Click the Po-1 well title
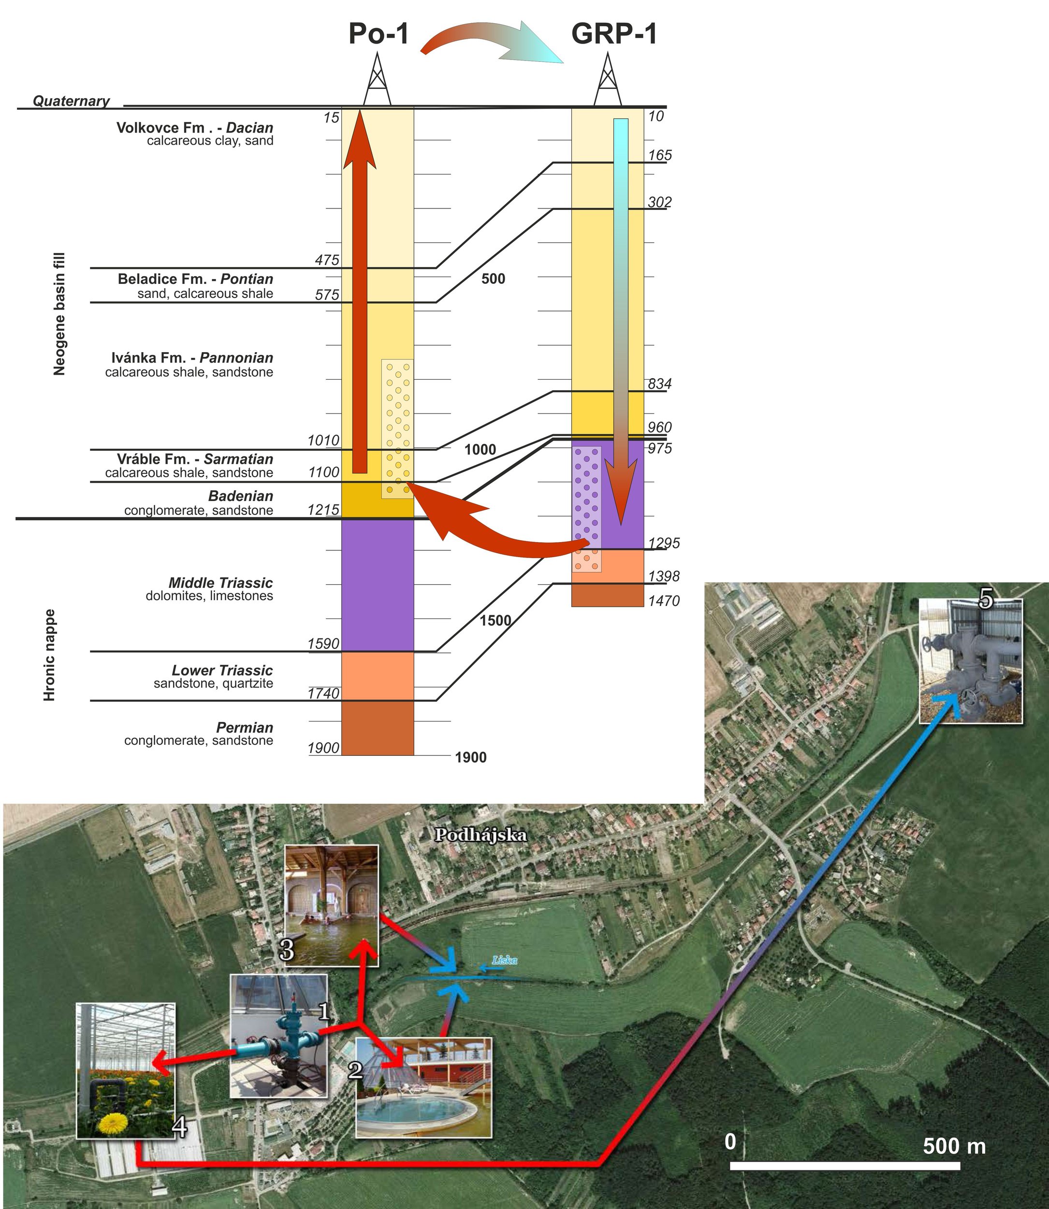378,34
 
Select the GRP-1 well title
614,34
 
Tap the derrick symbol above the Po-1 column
377,80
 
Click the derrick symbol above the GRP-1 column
608,80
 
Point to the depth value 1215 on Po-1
323,510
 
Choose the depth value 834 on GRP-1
660,384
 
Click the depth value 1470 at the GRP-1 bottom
664,601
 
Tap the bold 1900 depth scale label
471,758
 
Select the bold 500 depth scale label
493,279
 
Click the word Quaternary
71,101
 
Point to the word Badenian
241,496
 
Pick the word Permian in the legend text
245,728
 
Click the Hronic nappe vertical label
50,655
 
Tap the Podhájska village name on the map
480,835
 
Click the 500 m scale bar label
954,1146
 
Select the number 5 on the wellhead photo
986,600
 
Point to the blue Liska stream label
505,959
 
